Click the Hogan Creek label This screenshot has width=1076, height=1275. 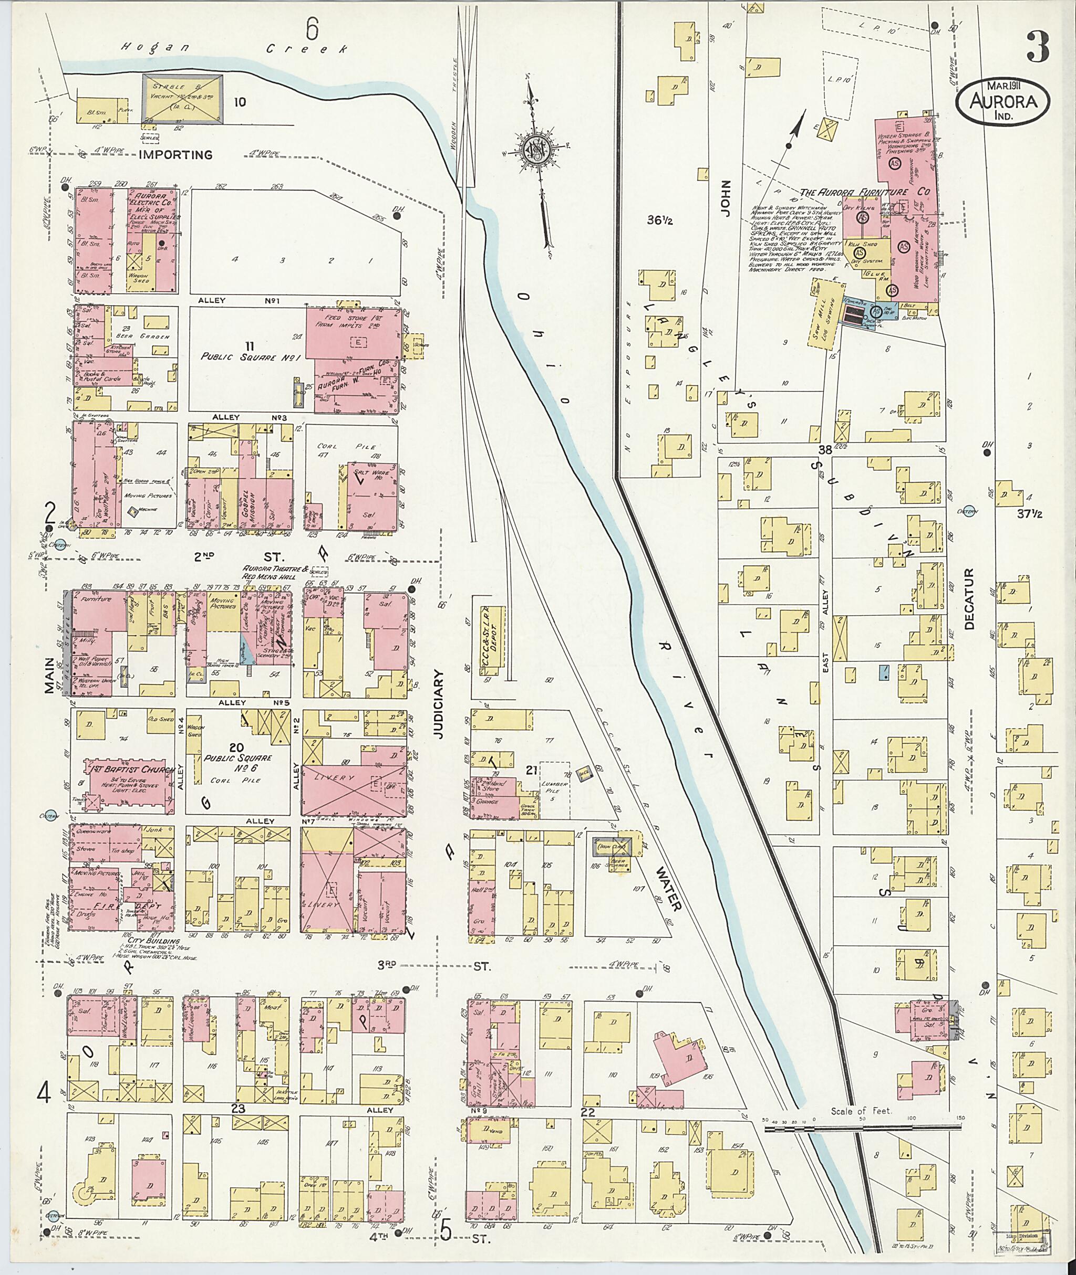[x=235, y=48]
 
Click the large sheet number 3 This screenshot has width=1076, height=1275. [x=1038, y=46]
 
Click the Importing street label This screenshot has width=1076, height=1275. [x=175, y=155]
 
